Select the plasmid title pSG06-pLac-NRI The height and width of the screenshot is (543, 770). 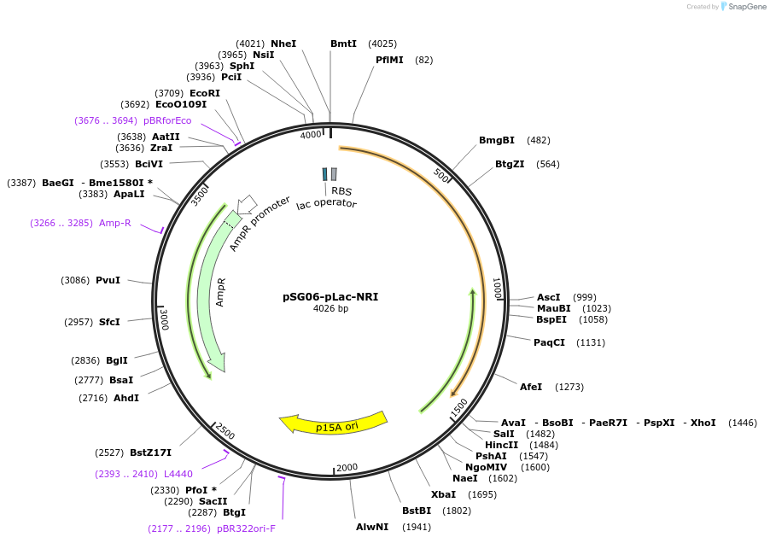pyautogui.click(x=330, y=297)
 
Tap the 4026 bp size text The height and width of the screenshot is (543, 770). pyautogui.click(x=330, y=309)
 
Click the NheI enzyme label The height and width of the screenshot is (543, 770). pyautogui.click(x=283, y=44)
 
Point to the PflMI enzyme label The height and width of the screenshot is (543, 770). pyautogui.click(x=389, y=60)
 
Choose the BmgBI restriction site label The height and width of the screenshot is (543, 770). pyautogui.click(x=497, y=140)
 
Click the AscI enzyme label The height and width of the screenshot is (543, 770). pyautogui.click(x=549, y=296)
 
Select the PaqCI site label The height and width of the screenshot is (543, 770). pyautogui.click(x=549, y=342)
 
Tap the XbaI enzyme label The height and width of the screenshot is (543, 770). pyautogui.click(x=443, y=494)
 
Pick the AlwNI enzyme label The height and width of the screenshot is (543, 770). pyautogui.click(x=372, y=527)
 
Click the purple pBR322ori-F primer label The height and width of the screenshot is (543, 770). pyautogui.click(x=247, y=528)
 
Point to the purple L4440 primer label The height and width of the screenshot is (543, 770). pyautogui.click(x=178, y=474)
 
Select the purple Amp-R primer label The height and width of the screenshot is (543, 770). pyautogui.click(x=115, y=223)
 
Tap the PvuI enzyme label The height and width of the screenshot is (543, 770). pyautogui.click(x=108, y=280)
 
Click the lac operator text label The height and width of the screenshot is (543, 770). pyautogui.click(x=327, y=203)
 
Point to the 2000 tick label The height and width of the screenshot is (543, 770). pyautogui.click(x=347, y=468)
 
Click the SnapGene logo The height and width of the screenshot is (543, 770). pyautogui.click(x=744, y=7)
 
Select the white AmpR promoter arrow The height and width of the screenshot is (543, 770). pyautogui.click(x=247, y=203)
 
